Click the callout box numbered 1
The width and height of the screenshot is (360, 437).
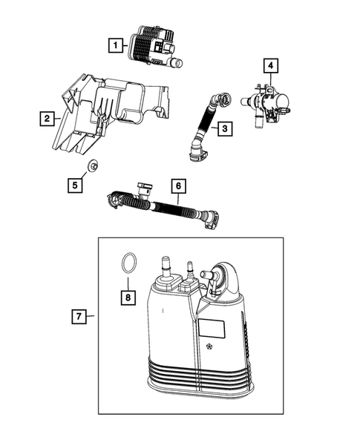(115, 45)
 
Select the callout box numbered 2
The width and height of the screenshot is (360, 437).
(47, 118)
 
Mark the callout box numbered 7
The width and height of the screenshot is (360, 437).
(79, 317)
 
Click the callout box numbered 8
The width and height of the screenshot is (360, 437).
(128, 298)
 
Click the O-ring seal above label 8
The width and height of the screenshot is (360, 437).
(128, 263)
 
